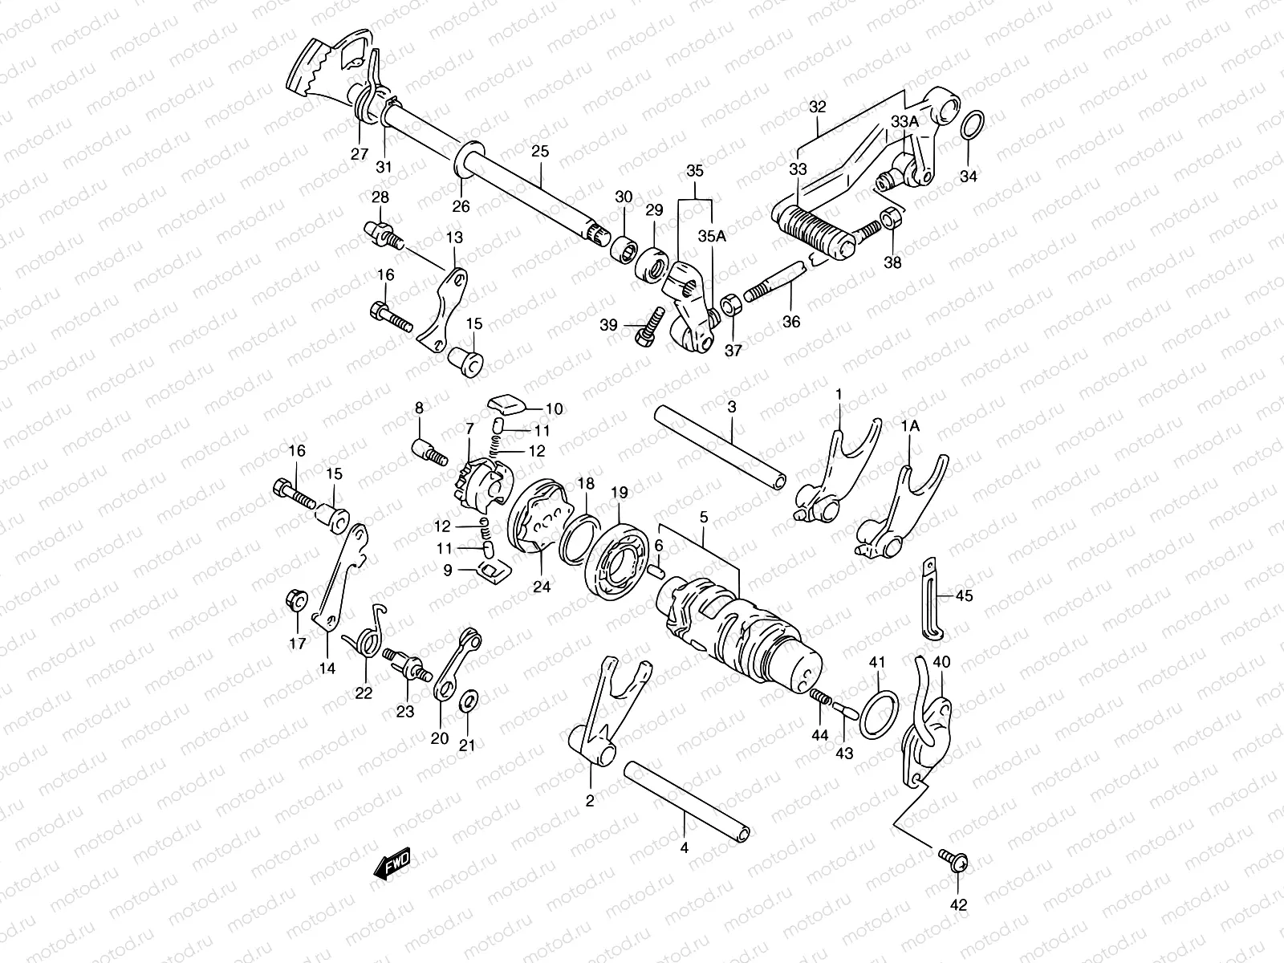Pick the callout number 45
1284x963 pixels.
[x=964, y=595]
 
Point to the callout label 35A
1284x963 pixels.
[x=711, y=236]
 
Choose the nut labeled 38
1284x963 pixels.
[x=890, y=218]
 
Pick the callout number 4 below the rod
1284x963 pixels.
[x=685, y=847]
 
